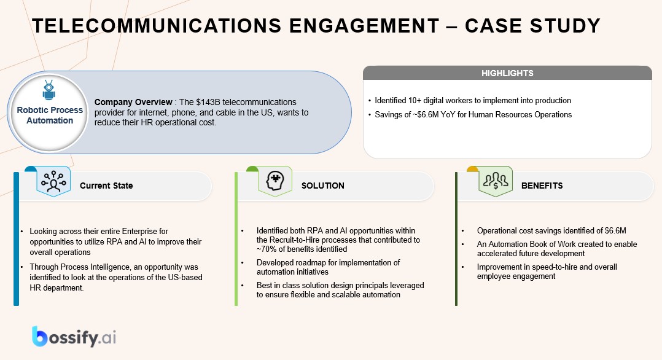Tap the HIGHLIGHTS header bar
point(507,73)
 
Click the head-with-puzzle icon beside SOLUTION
point(275,182)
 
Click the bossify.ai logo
point(74,337)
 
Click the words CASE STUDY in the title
point(532,26)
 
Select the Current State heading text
point(106,186)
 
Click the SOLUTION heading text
point(322,186)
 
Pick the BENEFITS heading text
point(542,186)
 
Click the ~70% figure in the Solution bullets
point(266,249)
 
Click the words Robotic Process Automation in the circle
point(50,115)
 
